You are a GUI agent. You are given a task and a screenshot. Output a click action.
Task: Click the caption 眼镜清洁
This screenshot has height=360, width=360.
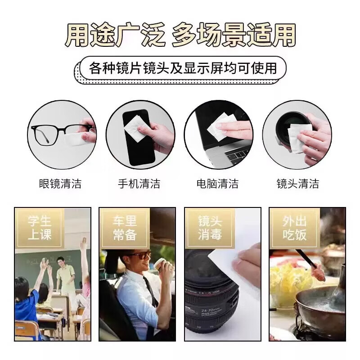(x=60, y=184)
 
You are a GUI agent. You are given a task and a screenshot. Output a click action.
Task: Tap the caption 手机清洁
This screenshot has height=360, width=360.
(x=139, y=184)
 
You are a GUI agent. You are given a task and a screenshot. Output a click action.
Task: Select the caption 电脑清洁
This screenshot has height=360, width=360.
(x=218, y=184)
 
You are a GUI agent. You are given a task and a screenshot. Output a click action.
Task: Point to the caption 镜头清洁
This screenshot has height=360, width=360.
(x=297, y=184)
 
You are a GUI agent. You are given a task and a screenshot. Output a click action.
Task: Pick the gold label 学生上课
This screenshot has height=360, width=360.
(x=40, y=228)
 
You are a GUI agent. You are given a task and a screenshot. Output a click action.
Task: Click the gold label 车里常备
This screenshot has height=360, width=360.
(x=124, y=228)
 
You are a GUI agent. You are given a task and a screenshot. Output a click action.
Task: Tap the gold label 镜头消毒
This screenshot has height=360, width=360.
(x=210, y=228)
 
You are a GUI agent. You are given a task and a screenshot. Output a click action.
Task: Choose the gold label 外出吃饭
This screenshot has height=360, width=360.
(x=295, y=228)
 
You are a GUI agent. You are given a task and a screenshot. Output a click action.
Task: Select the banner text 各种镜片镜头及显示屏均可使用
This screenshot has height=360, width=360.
(x=182, y=68)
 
